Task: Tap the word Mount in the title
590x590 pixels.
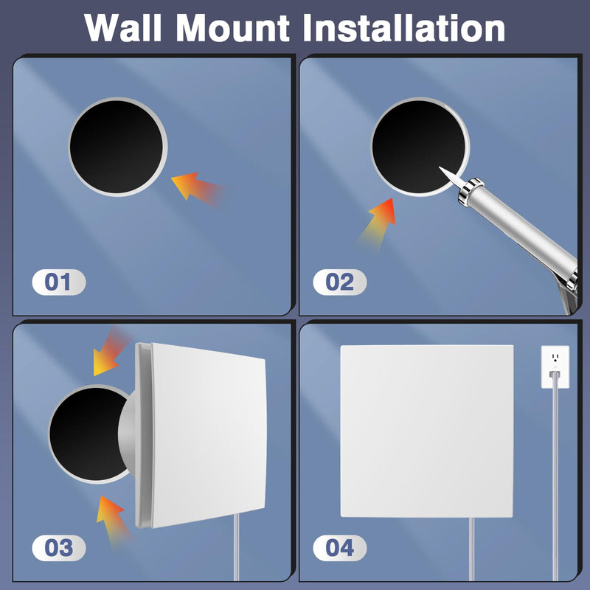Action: pos(232,27)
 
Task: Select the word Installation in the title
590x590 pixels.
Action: pos(403,27)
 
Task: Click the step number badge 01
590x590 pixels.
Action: pos(59,282)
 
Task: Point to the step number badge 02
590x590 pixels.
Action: pos(339,282)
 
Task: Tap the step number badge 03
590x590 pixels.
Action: pos(59,548)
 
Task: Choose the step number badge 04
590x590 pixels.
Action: pos(339,548)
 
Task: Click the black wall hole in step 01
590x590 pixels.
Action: pos(117,147)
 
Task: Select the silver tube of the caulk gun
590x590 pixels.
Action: pos(520,225)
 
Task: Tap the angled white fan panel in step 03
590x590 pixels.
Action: pos(201,435)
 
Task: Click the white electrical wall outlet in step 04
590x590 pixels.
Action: pos(555,367)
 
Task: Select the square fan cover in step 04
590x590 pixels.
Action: pos(427,431)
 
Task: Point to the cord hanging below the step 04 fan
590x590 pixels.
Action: pos(472,549)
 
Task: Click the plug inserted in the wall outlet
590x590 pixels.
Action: pos(555,375)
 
